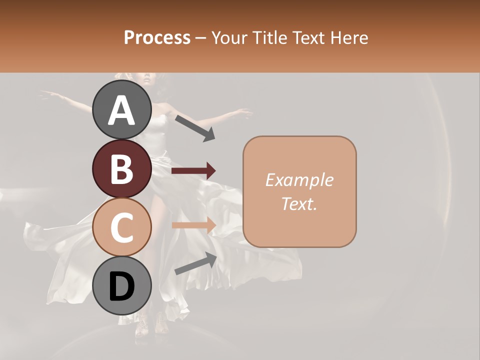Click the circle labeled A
click(x=121, y=110)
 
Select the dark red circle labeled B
click(x=121, y=168)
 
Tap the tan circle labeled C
click(x=121, y=227)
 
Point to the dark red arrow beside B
click(x=193, y=171)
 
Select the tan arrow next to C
click(x=193, y=225)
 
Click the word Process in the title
click(x=157, y=37)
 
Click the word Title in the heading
click(x=269, y=37)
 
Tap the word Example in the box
click(x=299, y=180)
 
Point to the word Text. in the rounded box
click(x=299, y=203)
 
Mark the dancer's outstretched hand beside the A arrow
click(x=245, y=113)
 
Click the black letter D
click(x=121, y=287)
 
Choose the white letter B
click(x=121, y=169)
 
